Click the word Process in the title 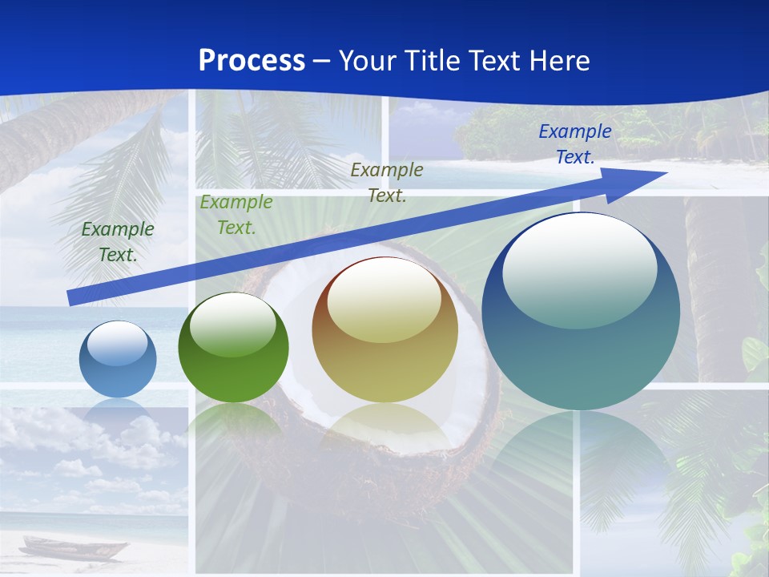[252, 61]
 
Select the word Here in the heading [558, 61]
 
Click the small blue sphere [118, 359]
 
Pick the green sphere [233, 348]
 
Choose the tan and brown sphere [384, 329]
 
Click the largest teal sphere [581, 311]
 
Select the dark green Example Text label [118, 241]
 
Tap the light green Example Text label [236, 215]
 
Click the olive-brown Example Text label [387, 182]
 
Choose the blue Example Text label [574, 144]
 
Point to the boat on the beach [72, 549]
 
